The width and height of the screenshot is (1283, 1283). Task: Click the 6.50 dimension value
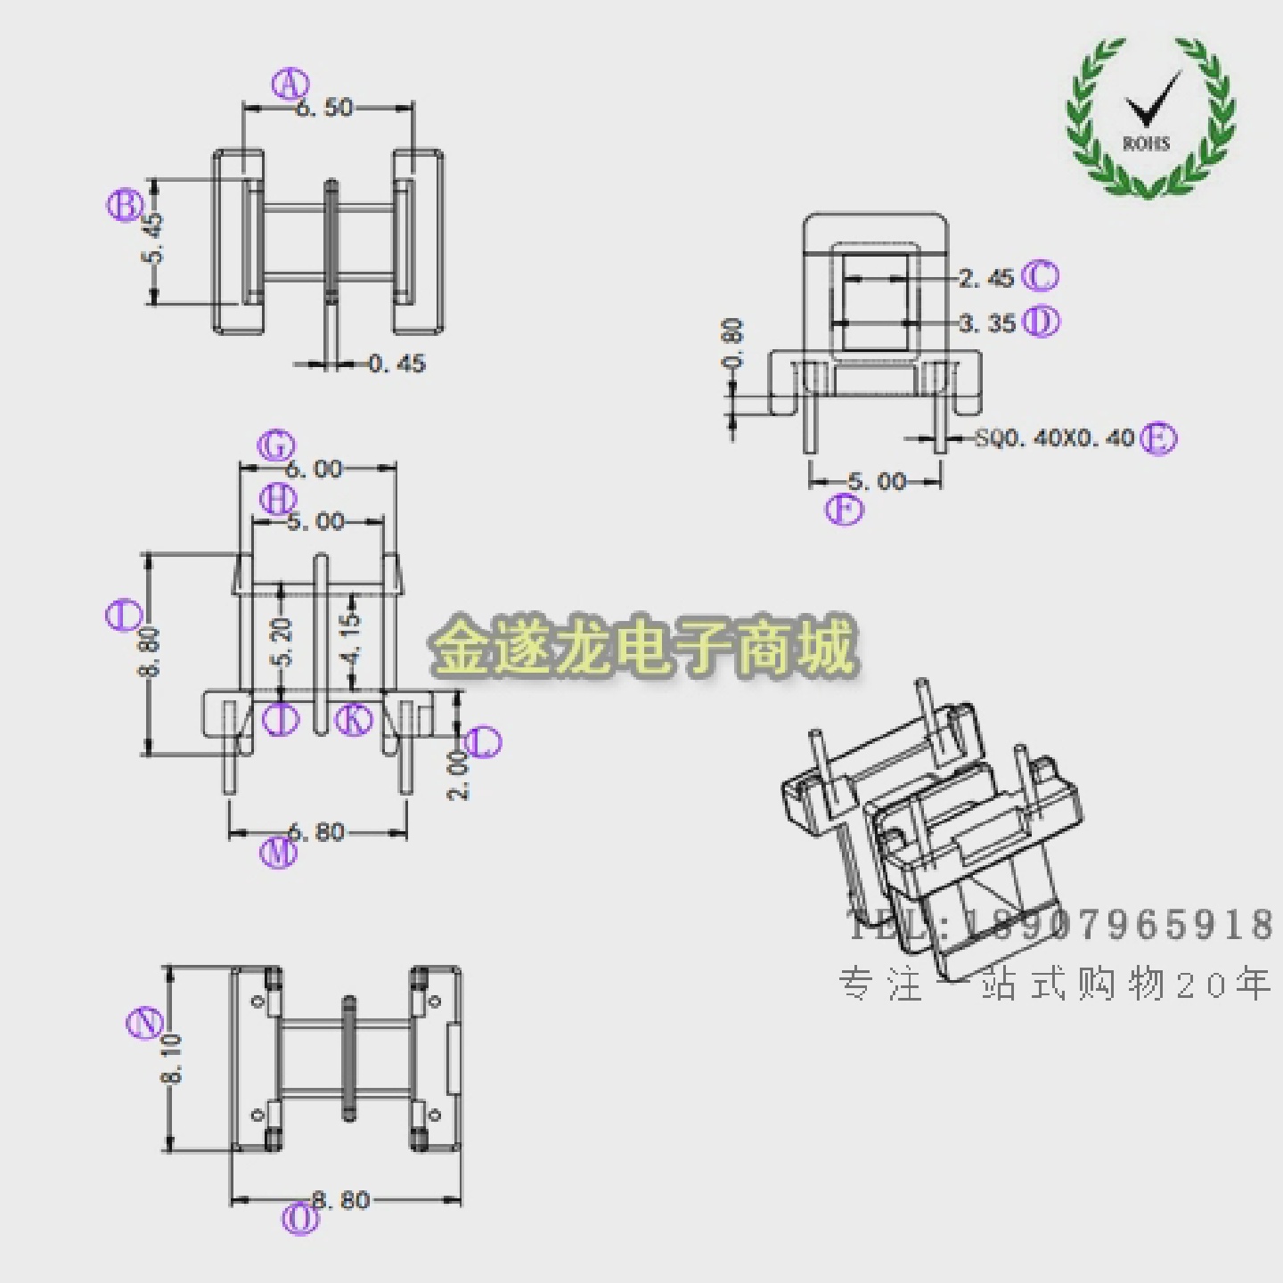click(324, 108)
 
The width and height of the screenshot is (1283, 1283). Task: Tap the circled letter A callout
click(290, 85)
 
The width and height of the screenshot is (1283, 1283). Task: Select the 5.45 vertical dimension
click(153, 238)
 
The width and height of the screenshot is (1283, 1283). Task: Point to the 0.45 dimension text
click(396, 364)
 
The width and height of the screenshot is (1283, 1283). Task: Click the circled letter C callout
click(1040, 276)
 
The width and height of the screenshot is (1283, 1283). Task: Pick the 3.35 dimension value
click(987, 323)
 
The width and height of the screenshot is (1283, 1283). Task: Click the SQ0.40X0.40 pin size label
click(1054, 438)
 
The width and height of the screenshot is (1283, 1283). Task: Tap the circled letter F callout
click(844, 511)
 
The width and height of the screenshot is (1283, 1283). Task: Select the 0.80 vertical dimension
click(732, 344)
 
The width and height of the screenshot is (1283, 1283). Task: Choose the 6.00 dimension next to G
click(314, 469)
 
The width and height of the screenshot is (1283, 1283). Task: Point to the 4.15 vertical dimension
click(352, 636)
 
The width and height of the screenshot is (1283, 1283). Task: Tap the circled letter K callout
click(355, 719)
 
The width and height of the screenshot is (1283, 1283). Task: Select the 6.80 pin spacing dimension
click(316, 832)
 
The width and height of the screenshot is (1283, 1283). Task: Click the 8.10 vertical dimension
click(171, 1058)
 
